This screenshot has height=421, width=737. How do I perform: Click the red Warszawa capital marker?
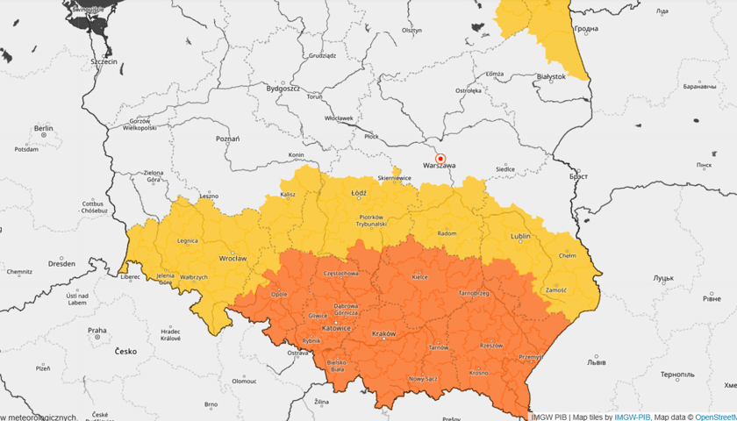(x=440, y=158)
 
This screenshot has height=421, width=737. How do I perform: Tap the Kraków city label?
(x=384, y=334)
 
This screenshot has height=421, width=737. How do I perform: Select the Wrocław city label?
(x=233, y=259)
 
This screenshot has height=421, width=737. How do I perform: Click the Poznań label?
(x=227, y=139)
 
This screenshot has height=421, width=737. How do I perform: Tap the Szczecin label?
(x=104, y=63)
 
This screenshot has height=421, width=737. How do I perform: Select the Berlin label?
(x=43, y=128)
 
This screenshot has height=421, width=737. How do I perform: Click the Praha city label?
(x=97, y=331)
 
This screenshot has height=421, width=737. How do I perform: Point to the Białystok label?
(x=551, y=76)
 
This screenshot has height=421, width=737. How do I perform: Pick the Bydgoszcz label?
(x=283, y=89)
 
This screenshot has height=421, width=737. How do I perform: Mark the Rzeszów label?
(x=491, y=345)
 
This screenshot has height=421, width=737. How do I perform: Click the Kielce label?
(x=419, y=276)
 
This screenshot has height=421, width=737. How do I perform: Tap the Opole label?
(x=279, y=295)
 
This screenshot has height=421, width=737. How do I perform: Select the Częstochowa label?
(x=341, y=273)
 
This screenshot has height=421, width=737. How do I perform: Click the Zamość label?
(x=555, y=289)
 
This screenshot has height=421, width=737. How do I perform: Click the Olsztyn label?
(x=411, y=30)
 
